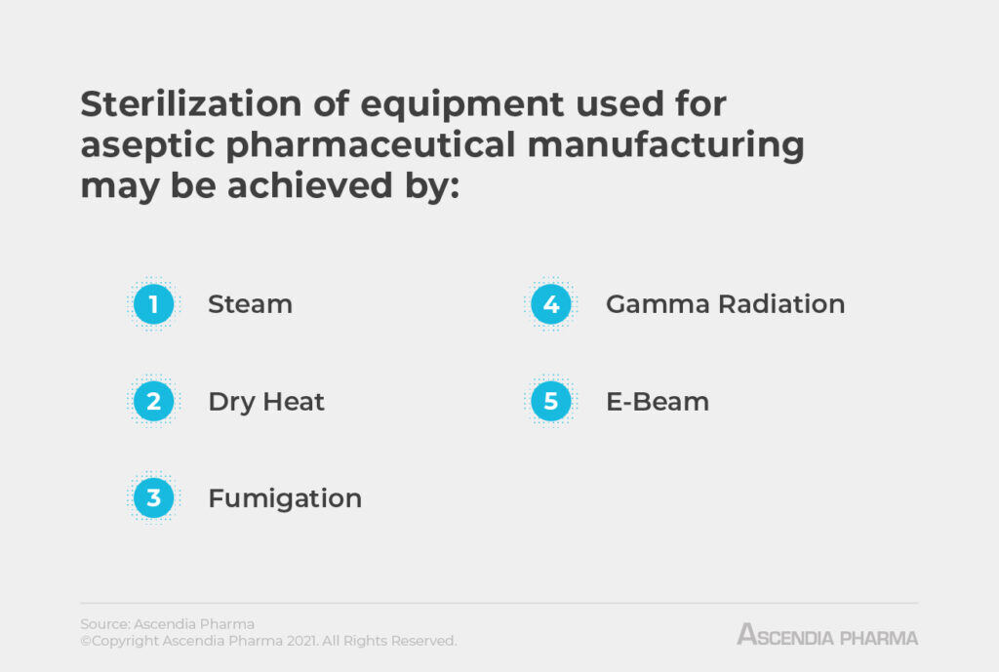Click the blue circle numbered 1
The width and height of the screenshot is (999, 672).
153,304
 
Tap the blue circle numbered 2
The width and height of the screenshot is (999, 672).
153,401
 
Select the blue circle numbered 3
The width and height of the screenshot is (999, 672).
153,498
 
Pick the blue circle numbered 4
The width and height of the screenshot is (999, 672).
551,304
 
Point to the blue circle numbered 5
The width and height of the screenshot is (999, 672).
551,401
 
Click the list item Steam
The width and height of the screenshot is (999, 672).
250,304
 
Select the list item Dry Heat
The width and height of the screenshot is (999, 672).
266,401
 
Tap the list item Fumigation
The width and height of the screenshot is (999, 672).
285,498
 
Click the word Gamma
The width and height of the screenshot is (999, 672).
658,304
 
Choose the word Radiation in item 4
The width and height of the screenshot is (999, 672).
781,304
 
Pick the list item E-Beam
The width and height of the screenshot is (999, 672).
658,401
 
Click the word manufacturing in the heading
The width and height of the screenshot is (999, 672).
679,144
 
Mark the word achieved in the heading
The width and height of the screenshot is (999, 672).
304,185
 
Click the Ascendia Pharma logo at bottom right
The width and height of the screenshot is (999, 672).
827,636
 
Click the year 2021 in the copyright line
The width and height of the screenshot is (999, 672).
301,641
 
